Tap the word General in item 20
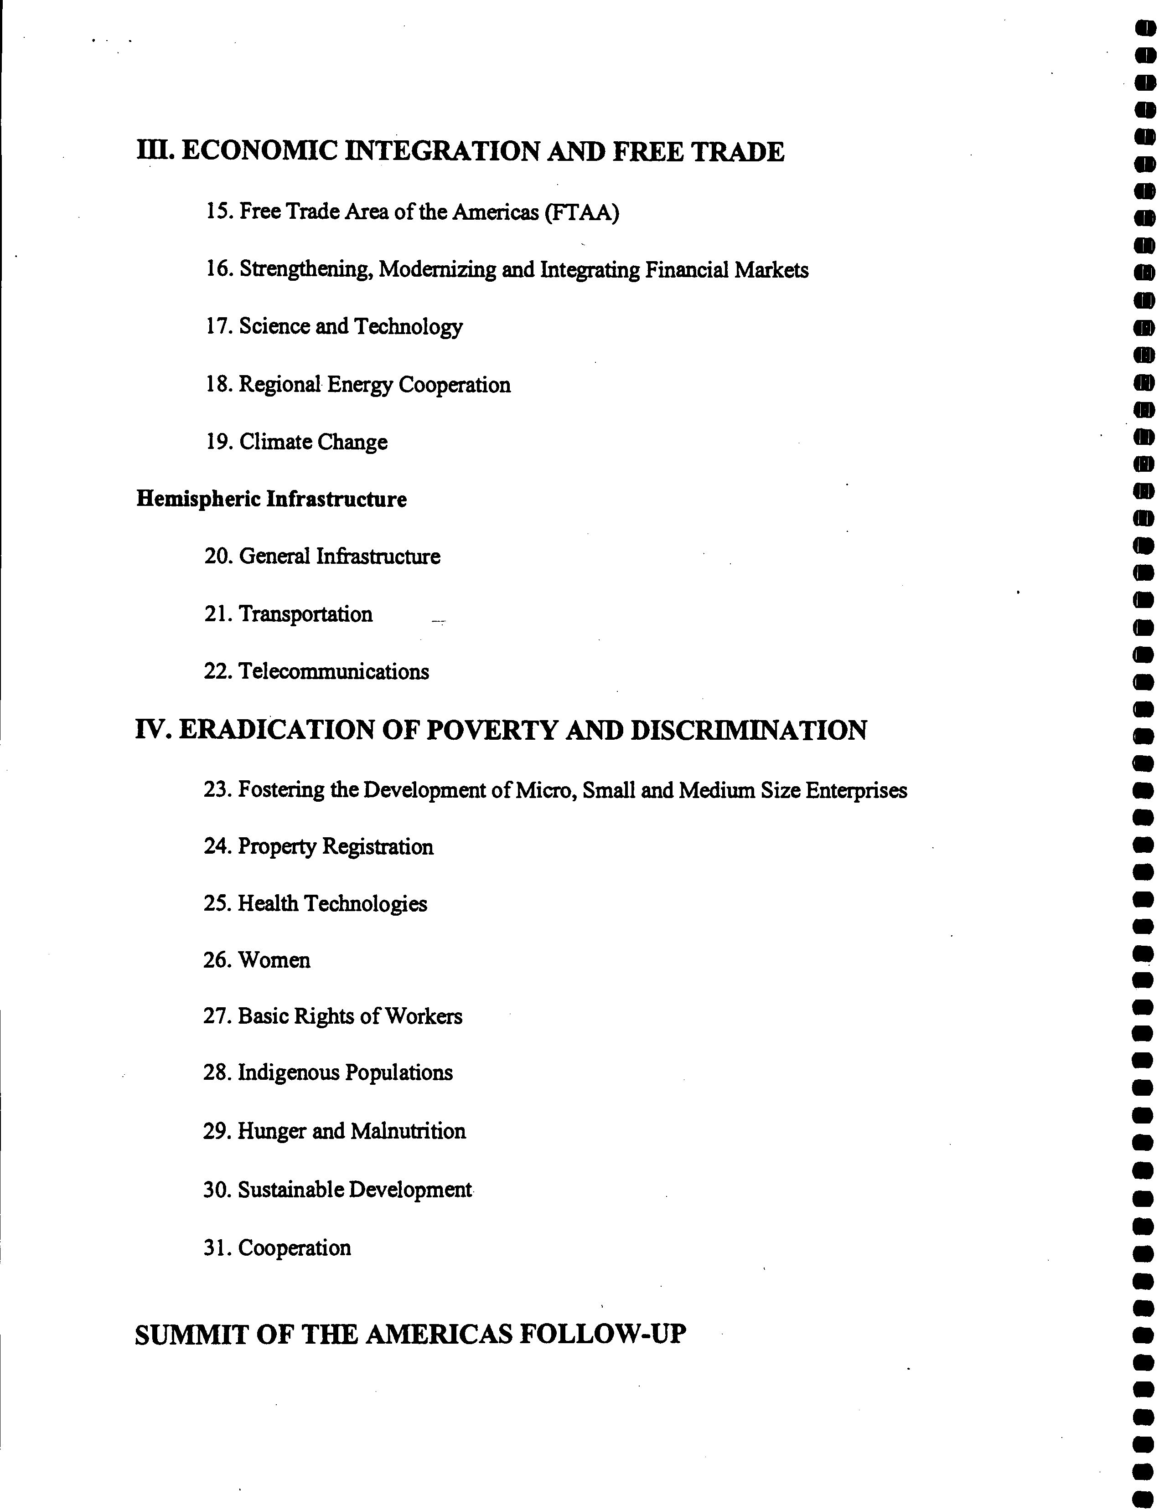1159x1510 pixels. click(x=274, y=557)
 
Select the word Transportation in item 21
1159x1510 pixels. click(x=305, y=614)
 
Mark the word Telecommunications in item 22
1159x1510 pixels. click(x=333, y=671)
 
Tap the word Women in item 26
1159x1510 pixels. click(x=274, y=960)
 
